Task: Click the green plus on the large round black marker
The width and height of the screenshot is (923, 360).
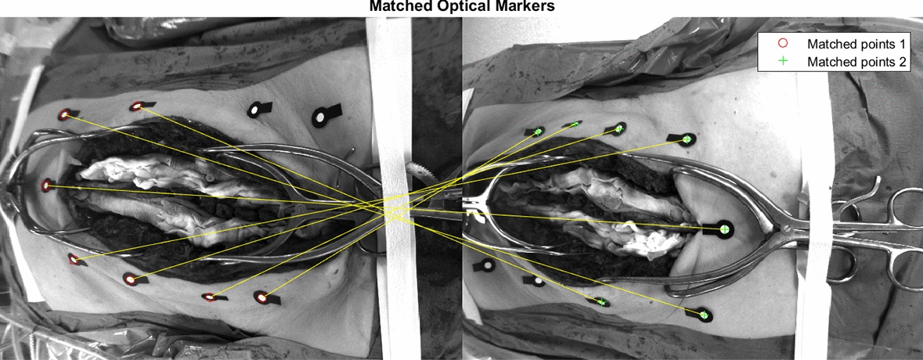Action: coord(724,229)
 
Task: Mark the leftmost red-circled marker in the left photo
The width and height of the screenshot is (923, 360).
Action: coord(46,185)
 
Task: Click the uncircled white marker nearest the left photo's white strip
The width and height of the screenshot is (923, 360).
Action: coord(319,117)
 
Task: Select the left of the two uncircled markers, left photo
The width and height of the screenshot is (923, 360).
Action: coord(255,110)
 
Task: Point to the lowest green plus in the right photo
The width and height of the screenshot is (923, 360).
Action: coord(703,315)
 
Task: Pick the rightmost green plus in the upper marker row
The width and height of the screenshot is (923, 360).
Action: coord(687,139)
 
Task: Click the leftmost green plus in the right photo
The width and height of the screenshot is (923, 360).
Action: coord(537,131)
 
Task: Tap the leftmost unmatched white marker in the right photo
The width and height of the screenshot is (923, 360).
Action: coord(487,266)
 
